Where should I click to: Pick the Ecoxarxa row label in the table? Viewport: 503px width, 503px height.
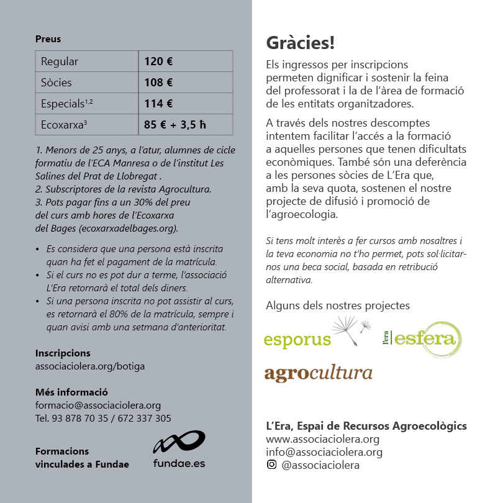pyautogui.click(x=63, y=125)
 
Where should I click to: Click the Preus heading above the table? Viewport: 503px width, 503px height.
pyautogui.click(x=48, y=39)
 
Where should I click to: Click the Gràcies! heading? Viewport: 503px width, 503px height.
pyautogui.click(x=300, y=43)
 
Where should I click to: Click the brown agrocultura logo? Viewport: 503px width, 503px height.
pyautogui.click(x=318, y=373)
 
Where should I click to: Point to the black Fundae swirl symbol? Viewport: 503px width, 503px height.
pyautogui.click(x=179, y=442)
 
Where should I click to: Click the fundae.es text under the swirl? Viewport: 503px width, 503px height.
pyautogui.click(x=179, y=463)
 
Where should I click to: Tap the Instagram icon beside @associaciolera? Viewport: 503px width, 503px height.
pyautogui.click(x=271, y=464)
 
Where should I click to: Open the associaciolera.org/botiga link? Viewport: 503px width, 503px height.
pyautogui.click(x=90, y=366)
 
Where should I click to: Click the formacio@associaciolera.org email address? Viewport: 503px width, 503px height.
pyautogui.click(x=98, y=406)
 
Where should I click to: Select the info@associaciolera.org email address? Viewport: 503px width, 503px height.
pyautogui.click(x=324, y=452)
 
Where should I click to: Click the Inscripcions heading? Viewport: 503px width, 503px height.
pyautogui.click(x=63, y=353)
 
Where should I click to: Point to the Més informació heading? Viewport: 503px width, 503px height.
pyautogui.click(x=71, y=392)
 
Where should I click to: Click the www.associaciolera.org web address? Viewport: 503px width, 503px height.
pyautogui.click(x=322, y=439)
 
